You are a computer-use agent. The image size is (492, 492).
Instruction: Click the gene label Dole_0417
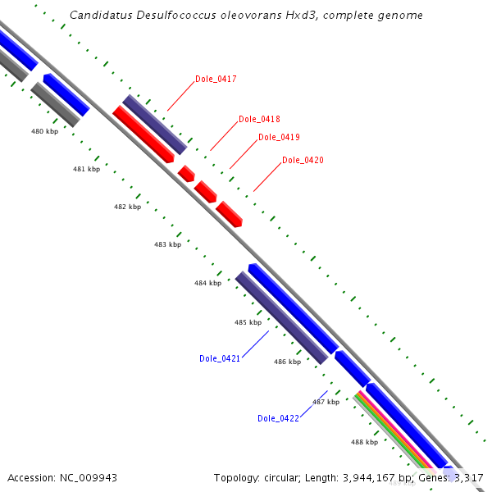(x=216, y=80)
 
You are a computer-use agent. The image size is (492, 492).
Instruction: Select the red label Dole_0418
(x=259, y=119)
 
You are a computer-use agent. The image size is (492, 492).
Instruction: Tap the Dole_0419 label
(x=279, y=137)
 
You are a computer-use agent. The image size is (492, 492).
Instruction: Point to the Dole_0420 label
(x=303, y=160)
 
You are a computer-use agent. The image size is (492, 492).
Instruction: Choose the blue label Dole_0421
(x=220, y=358)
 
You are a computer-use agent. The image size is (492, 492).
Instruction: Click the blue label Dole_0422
(x=278, y=418)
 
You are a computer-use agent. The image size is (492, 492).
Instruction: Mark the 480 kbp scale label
(x=44, y=131)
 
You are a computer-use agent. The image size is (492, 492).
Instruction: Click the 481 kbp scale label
(x=86, y=169)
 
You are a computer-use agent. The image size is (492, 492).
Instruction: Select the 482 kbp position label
(x=127, y=207)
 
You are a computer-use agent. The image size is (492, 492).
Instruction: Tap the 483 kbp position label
(x=167, y=244)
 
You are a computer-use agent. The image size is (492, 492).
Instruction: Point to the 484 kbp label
(x=207, y=283)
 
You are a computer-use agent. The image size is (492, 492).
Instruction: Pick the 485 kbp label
(x=248, y=322)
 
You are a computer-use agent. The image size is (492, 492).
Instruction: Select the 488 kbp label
(x=364, y=442)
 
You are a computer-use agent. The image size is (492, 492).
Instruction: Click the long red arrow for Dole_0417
(x=143, y=134)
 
